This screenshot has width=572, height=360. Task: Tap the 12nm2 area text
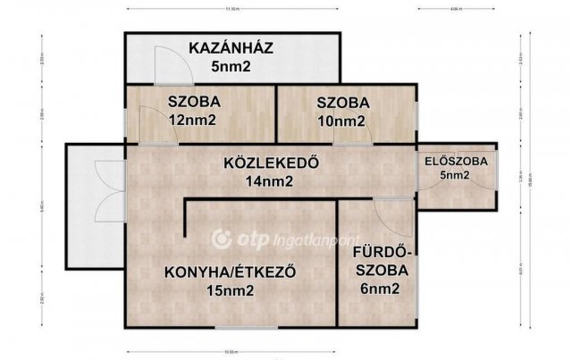click(x=193, y=120)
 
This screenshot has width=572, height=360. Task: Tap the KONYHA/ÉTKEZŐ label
click(x=230, y=272)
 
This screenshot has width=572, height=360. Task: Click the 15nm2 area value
click(x=230, y=291)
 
